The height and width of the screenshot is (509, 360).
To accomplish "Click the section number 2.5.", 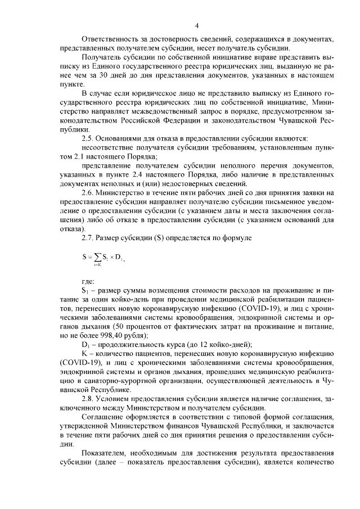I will (88, 138).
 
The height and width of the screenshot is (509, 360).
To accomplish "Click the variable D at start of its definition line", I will (85, 344).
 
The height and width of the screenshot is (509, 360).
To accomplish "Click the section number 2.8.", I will (88, 399).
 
